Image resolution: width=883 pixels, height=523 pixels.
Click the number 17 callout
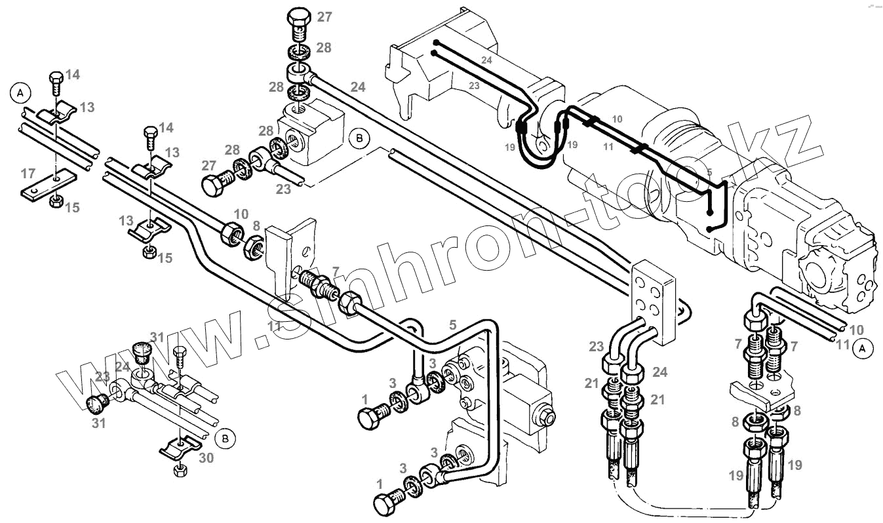click(x=28, y=174)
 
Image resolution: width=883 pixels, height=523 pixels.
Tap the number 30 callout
click(x=206, y=459)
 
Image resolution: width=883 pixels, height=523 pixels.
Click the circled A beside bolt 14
click(x=20, y=93)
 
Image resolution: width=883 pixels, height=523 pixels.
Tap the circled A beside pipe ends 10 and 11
click(x=863, y=348)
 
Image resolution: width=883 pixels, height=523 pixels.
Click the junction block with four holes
click(x=652, y=301)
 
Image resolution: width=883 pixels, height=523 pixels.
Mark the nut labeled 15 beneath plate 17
click(x=56, y=199)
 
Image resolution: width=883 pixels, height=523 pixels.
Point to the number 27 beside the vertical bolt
click(x=324, y=17)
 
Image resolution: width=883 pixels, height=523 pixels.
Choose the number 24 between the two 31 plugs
click(x=123, y=368)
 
